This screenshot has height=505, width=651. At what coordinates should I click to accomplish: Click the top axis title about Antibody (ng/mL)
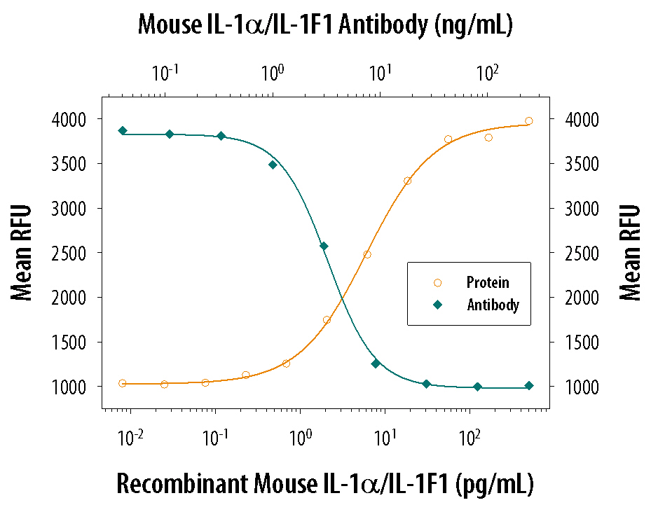(x=325, y=26)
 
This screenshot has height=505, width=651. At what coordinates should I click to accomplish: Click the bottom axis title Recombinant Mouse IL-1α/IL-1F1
(x=325, y=483)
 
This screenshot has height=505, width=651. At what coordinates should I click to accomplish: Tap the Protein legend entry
(x=488, y=283)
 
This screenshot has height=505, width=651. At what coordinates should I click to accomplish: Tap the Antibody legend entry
(x=493, y=305)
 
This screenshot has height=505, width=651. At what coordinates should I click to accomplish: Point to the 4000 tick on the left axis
(x=71, y=120)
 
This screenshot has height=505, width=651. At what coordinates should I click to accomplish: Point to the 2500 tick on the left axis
(x=71, y=253)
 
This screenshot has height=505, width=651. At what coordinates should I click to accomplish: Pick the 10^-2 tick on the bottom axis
(x=130, y=441)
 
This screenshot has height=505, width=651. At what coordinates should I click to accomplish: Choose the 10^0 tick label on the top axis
(x=272, y=72)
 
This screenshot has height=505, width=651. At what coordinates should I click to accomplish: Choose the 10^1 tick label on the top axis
(x=380, y=72)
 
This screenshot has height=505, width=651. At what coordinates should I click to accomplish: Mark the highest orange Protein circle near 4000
(x=528, y=121)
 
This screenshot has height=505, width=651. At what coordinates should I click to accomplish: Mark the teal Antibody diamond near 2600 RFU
(x=324, y=247)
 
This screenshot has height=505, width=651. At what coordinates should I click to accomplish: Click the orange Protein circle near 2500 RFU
(x=367, y=254)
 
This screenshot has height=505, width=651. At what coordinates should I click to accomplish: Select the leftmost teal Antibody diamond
(x=123, y=131)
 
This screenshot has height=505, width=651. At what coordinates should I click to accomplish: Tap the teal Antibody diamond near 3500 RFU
(x=273, y=165)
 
